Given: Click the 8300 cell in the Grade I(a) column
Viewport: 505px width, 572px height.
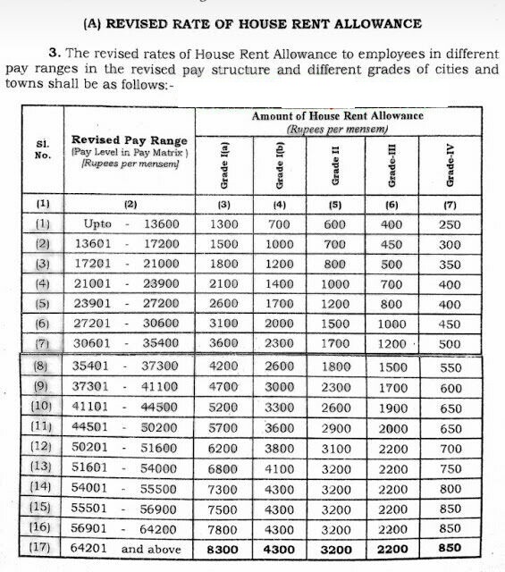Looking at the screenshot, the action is click(x=223, y=549).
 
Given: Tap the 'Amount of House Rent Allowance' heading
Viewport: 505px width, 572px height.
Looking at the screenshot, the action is click(x=337, y=116).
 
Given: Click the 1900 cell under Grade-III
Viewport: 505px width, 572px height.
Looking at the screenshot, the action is click(x=393, y=406).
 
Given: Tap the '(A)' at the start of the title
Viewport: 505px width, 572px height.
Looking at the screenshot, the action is click(x=94, y=21).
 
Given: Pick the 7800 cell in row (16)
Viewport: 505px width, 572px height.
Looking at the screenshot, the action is click(x=223, y=528).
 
